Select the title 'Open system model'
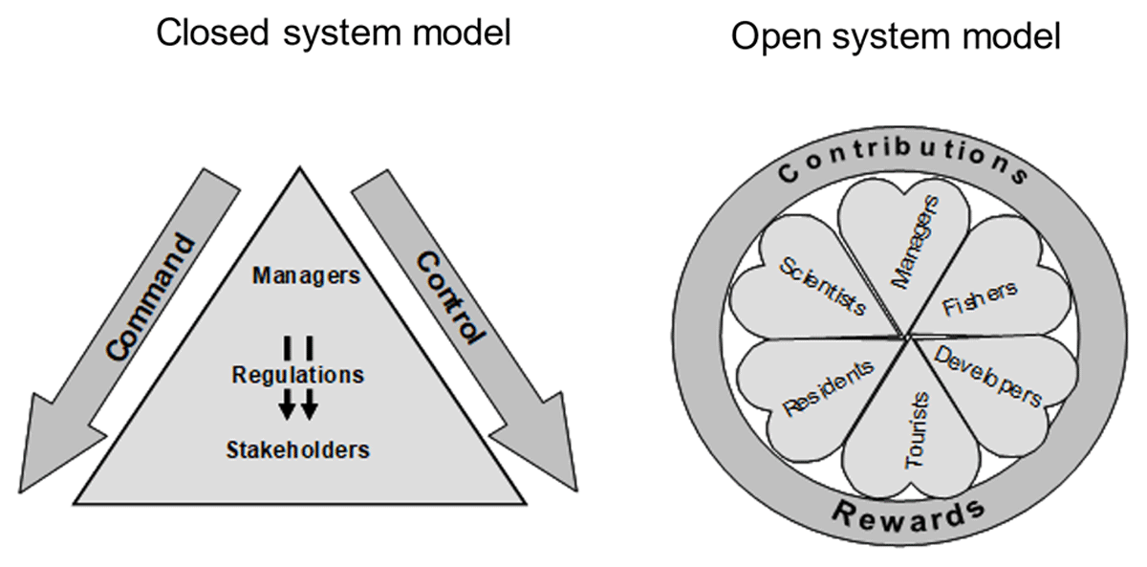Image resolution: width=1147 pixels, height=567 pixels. tap(897, 37)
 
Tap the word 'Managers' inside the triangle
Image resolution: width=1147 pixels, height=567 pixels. tap(306, 276)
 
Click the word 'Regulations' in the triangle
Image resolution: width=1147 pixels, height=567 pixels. tap(298, 375)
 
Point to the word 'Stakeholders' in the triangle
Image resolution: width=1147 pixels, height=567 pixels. tap(297, 448)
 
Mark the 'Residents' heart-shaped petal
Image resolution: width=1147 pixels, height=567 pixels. tap(812, 387)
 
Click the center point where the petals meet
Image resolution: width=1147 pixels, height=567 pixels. tap(904, 337)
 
